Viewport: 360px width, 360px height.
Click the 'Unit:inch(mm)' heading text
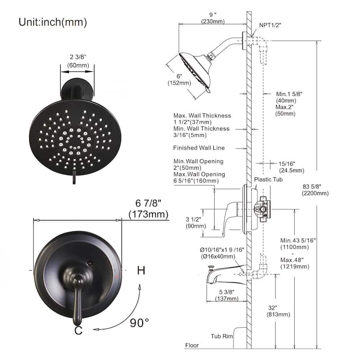(x=53, y=22)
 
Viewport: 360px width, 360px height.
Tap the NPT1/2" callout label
(x=270, y=25)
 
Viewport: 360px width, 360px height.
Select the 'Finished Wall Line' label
(x=199, y=148)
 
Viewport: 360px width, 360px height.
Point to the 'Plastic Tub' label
(x=268, y=180)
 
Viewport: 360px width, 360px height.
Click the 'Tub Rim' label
(x=221, y=336)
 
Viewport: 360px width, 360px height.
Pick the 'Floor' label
(x=192, y=345)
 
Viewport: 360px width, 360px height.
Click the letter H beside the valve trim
(x=141, y=270)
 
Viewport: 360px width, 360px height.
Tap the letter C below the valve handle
(x=78, y=331)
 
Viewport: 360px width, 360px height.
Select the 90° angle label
(x=139, y=323)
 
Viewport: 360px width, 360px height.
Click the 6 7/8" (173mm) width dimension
(x=148, y=209)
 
